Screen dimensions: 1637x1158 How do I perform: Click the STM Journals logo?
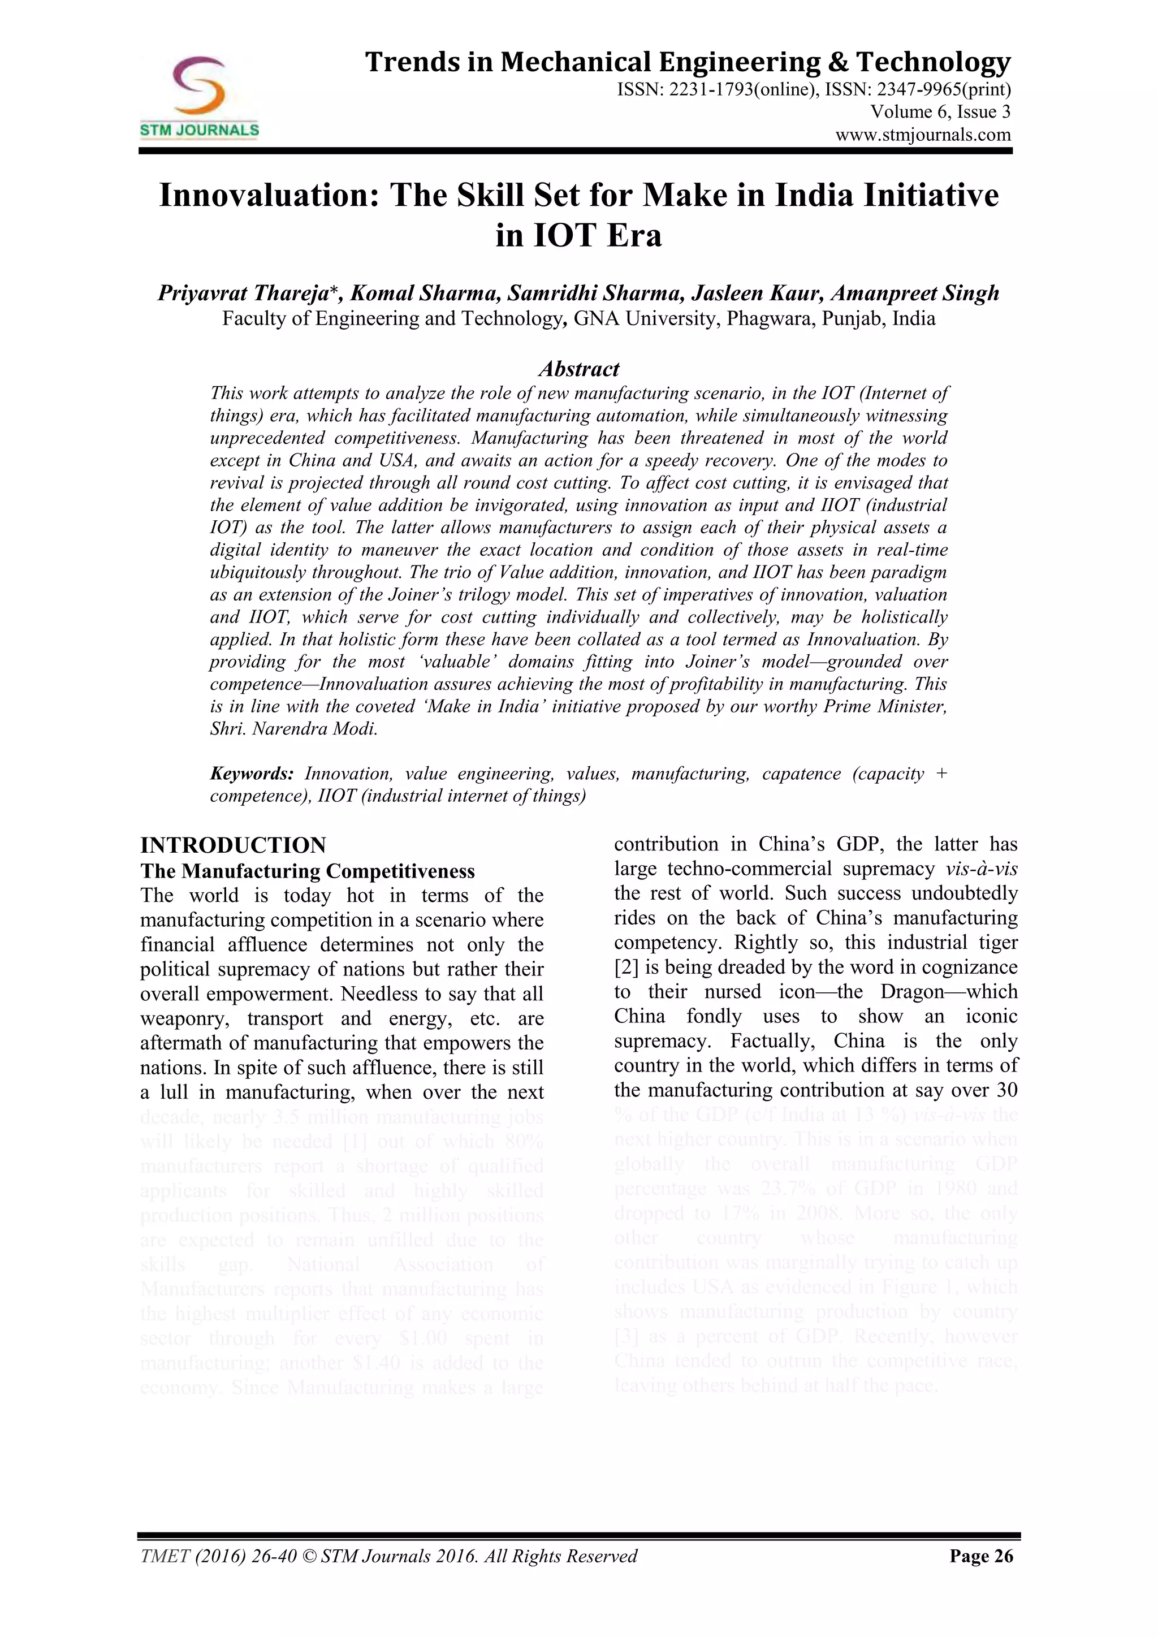[199, 97]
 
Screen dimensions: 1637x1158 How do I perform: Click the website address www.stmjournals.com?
[923, 135]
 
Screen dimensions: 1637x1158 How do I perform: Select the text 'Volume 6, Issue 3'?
[940, 112]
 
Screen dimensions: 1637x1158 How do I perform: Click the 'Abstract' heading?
[578, 369]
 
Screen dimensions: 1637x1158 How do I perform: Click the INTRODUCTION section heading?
[233, 845]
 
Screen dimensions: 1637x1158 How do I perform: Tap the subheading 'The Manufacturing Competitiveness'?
[308, 871]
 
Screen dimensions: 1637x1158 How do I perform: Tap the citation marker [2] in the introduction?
[626, 967]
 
